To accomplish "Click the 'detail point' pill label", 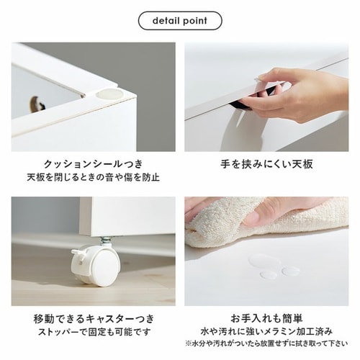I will (x=179, y=21).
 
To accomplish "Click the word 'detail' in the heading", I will (x=166, y=21).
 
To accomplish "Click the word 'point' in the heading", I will (x=195, y=21).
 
